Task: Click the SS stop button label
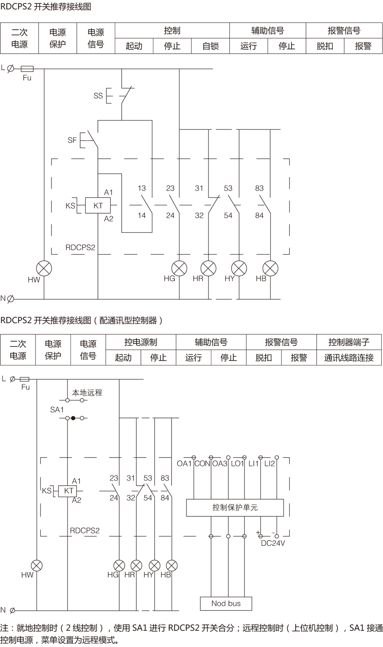(x=98, y=96)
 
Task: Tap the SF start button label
(x=72, y=140)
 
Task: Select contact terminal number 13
(x=142, y=188)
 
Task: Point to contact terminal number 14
(x=142, y=215)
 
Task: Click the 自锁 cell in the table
(x=210, y=46)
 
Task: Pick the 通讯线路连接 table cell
(x=349, y=358)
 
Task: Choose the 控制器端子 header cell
(x=349, y=342)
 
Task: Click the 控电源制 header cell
(x=140, y=342)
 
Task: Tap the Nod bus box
(x=226, y=603)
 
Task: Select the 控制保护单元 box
(x=235, y=507)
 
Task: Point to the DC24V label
(x=273, y=543)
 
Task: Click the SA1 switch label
(x=57, y=409)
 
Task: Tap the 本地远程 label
(x=87, y=392)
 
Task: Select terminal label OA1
(x=184, y=464)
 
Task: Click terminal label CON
(x=202, y=464)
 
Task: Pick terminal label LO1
(x=237, y=464)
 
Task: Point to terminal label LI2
(x=270, y=464)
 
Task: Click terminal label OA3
(x=220, y=464)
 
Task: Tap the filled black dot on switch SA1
(x=73, y=418)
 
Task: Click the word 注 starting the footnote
(x=4, y=628)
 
